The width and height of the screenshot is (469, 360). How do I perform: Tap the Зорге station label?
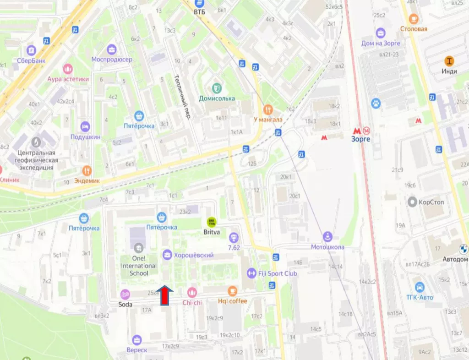[360, 139]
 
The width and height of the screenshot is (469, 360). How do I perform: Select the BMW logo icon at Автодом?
[464, 250]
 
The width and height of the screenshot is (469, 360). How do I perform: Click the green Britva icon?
[212, 222]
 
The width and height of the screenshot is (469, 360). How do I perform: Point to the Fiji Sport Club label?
[277, 273]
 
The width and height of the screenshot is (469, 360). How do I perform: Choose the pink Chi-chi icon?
[192, 292]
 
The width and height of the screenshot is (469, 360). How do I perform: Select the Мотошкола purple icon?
[327, 237]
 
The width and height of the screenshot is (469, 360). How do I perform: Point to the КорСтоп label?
[432, 202]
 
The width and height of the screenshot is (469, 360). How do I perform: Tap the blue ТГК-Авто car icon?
[419, 287]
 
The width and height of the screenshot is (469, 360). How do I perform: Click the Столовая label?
[414, 29]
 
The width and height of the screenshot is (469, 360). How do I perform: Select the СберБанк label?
[31, 60]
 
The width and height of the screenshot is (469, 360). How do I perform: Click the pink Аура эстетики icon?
[68, 69]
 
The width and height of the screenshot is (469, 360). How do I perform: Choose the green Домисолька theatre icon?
[217, 87]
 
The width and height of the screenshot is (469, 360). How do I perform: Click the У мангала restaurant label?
[268, 120]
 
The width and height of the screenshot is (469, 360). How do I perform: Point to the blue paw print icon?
[376, 103]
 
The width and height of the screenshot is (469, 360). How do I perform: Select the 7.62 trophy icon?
[234, 237]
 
